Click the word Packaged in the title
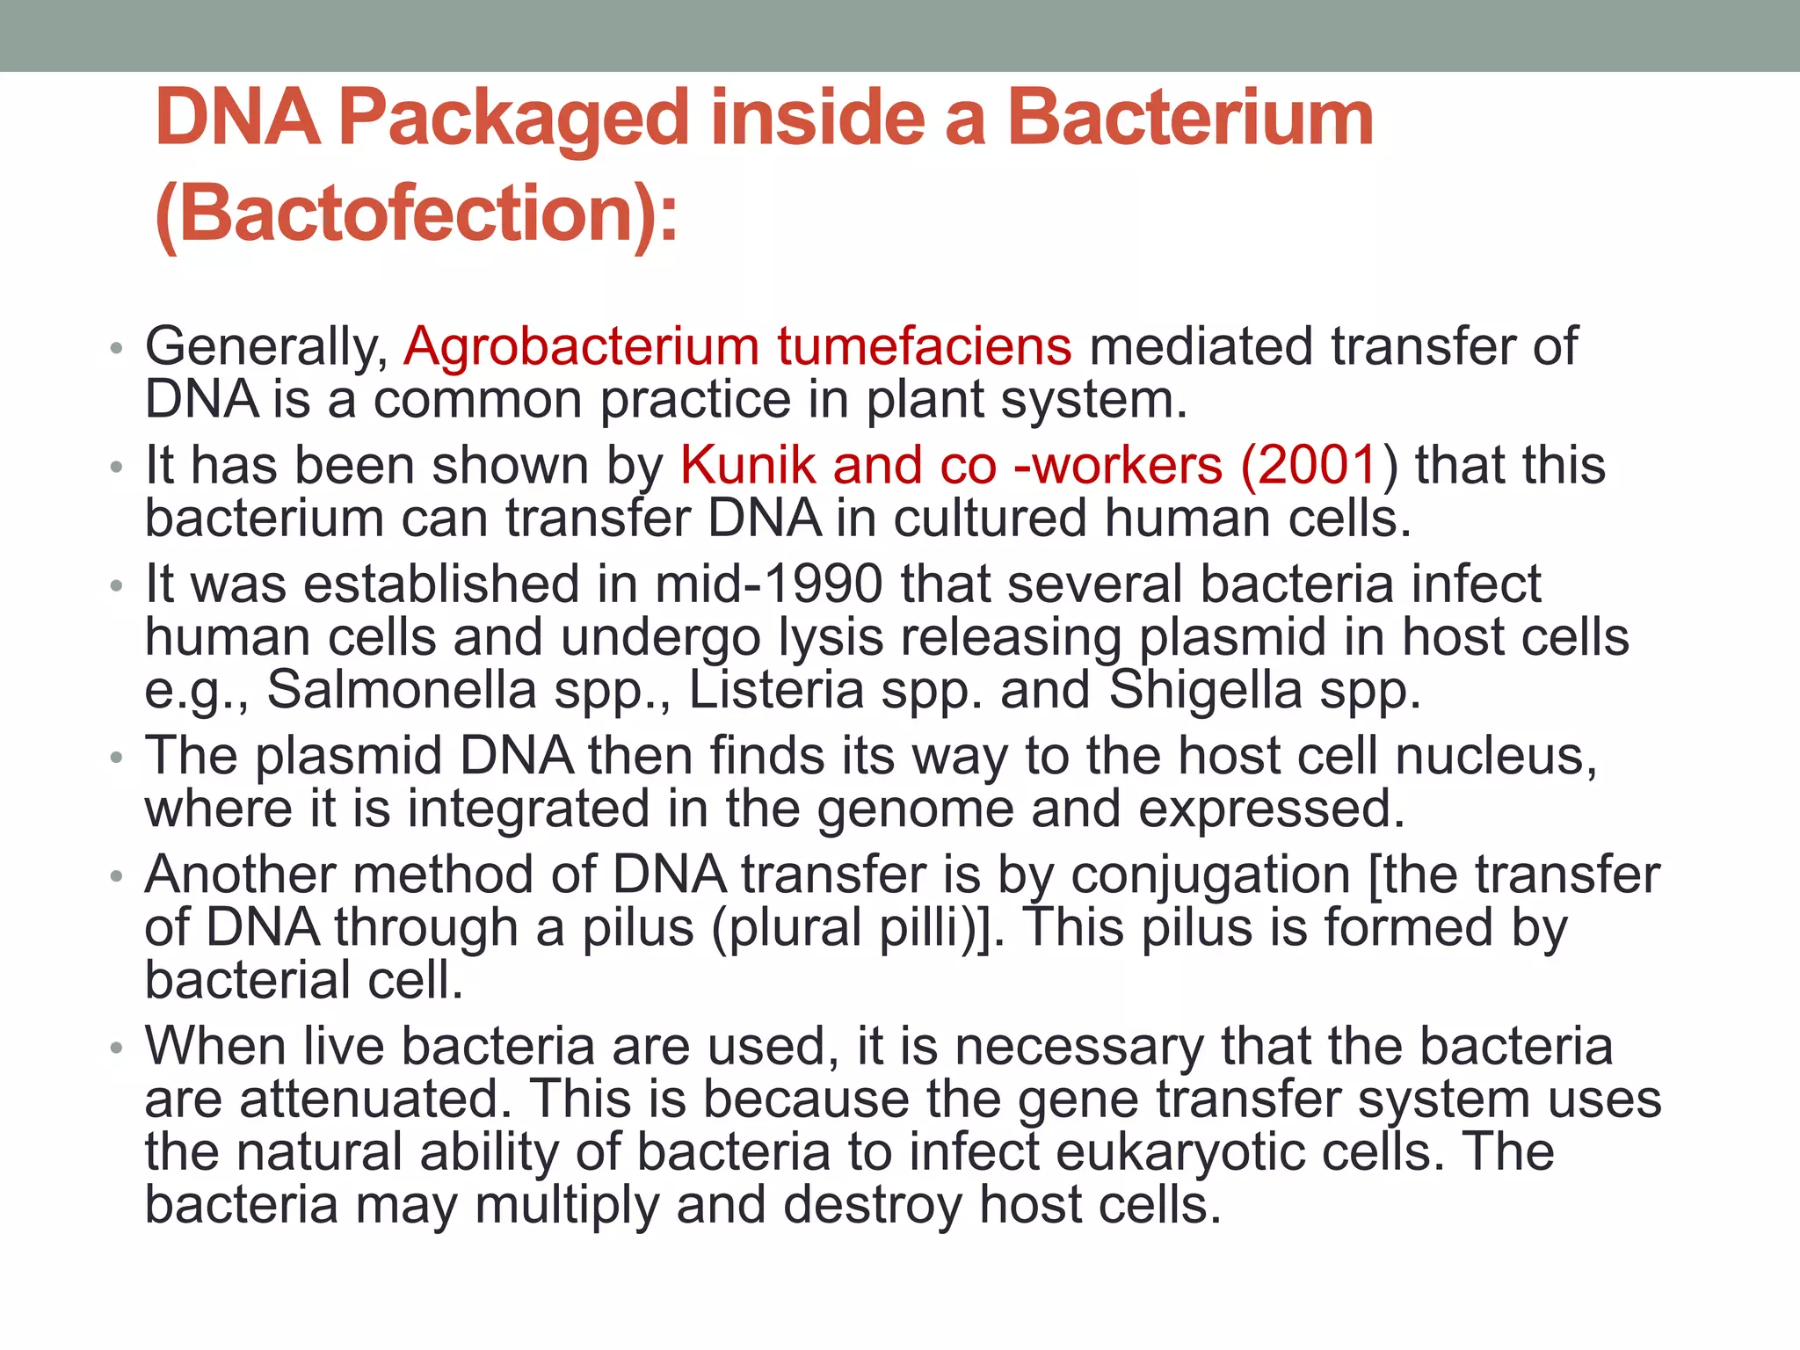[x=514, y=120]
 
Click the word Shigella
[x=1205, y=689]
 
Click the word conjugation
[x=1210, y=875]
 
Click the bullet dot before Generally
[x=116, y=349]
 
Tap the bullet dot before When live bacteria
[x=116, y=1049]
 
